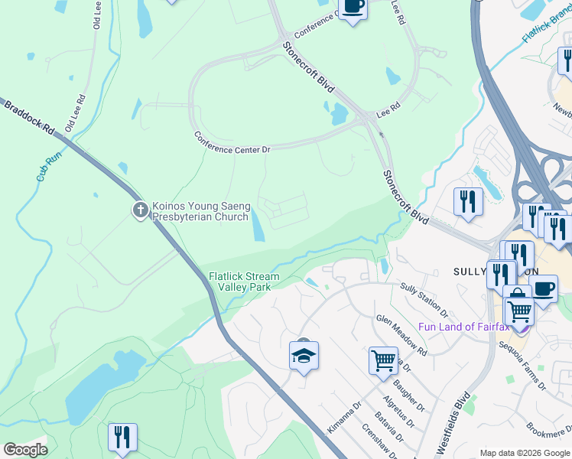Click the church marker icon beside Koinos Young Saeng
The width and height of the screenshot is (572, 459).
pos(140,210)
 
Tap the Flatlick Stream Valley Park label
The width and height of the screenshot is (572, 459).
pos(244,282)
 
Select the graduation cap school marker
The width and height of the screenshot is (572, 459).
pos(304,355)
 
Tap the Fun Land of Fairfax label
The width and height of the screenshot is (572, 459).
pos(463,327)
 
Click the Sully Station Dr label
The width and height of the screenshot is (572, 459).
pos(425,298)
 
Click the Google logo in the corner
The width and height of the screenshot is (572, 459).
pos(25,450)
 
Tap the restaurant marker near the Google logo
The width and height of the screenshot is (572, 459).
pos(122,437)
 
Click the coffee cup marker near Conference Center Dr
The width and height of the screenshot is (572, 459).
pos(353,8)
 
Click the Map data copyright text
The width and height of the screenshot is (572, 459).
pos(525,452)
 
